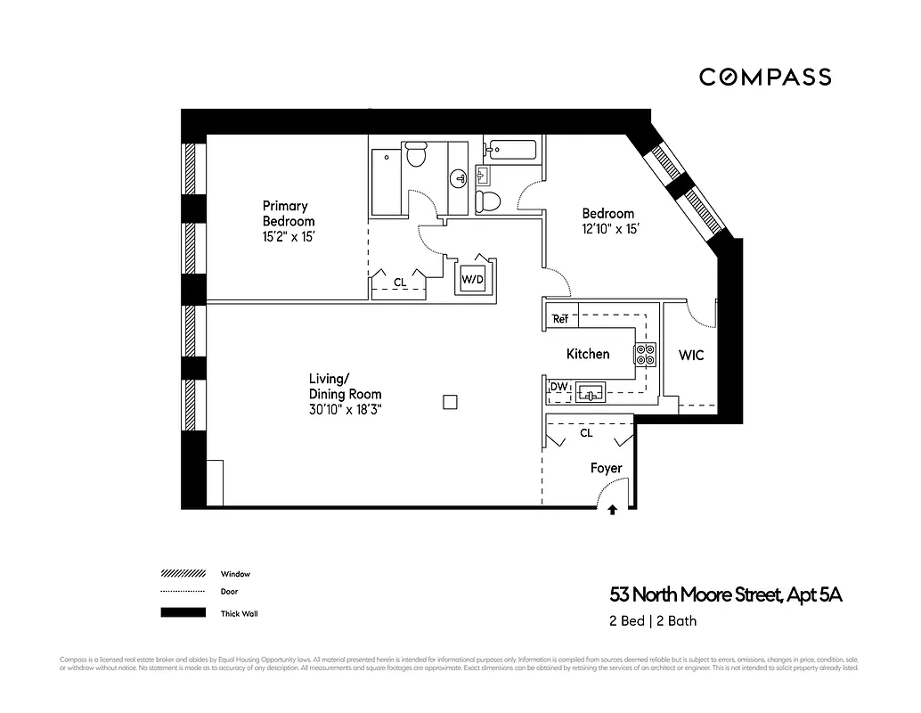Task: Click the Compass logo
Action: (x=764, y=78)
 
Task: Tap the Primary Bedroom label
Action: (x=288, y=214)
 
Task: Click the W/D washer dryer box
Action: (x=472, y=280)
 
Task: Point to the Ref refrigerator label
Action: (x=560, y=319)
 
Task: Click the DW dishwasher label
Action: (x=558, y=386)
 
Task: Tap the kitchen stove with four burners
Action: (x=644, y=354)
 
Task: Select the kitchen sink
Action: (x=590, y=391)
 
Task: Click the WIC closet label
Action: (x=691, y=356)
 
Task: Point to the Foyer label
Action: (x=606, y=468)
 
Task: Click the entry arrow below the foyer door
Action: (x=612, y=511)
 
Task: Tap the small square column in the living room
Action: (x=451, y=401)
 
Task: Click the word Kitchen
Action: (x=588, y=354)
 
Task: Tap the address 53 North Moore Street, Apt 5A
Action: (x=725, y=595)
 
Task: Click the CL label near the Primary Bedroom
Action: (x=400, y=283)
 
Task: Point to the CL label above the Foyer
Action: (x=586, y=434)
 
